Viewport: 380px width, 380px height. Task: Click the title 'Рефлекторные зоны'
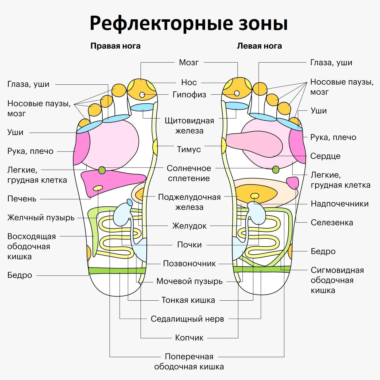(x=189, y=23)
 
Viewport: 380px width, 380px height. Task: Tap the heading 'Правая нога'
(x=115, y=46)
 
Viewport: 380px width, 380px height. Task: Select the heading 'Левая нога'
(x=259, y=46)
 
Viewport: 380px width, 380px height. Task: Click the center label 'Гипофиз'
(x=189, y=95)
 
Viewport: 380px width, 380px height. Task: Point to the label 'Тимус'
(x=189, y=149)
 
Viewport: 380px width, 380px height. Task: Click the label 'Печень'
(x=22, y=199)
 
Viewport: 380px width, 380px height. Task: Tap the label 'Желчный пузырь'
(x=41, y=218)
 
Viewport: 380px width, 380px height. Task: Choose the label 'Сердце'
(x=325, y=156)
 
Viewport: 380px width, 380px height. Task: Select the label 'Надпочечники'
(x=339, y=204)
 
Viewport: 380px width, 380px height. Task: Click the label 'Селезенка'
(x=332, y=223)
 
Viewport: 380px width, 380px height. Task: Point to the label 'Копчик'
(x=189, y=338)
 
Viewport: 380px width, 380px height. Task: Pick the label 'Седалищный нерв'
(x=187, y=319)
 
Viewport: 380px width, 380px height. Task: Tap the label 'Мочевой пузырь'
(x=189, y=281)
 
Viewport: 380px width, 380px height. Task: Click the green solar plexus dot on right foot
(x=102, y=170)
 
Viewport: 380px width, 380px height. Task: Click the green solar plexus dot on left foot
(x=276, y=169)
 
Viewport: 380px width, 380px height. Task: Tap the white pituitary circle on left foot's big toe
(x=237, y=93)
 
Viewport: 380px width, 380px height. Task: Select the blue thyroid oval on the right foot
(x=142, y=107)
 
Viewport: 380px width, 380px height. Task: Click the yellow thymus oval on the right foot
(x=155, y=146)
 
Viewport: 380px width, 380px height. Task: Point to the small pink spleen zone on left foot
(x=293, y=182)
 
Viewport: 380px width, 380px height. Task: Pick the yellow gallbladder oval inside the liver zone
(x=98, y=188)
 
